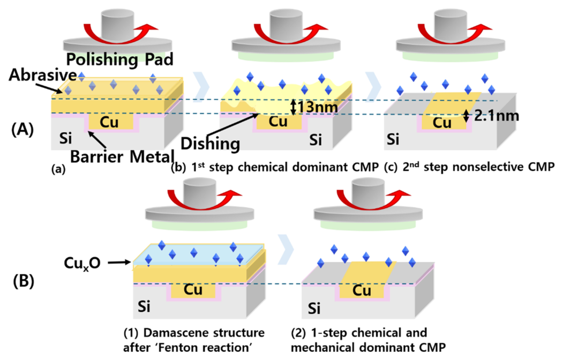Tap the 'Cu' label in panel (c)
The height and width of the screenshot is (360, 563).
click(442, 123)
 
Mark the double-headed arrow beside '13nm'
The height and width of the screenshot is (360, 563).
click(292, 107)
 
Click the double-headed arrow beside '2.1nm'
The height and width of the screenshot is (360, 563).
click(466, 114)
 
